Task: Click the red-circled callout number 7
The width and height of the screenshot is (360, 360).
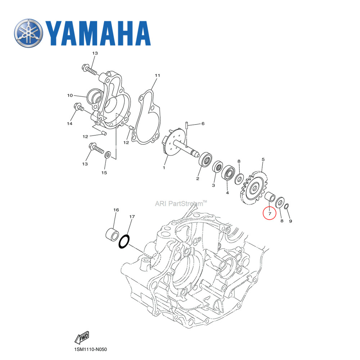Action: click(269, 213)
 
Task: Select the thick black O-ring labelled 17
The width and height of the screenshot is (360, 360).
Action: click(123, 242)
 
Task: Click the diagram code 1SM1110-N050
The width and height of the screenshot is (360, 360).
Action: click(89, 350)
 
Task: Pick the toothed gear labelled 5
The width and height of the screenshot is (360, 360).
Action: click(255, 189)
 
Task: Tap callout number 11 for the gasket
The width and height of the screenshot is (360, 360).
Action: click(157, 76)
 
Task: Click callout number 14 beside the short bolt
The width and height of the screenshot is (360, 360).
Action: click(69, 123)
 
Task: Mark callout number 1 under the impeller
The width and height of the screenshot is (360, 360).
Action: click(164, 167)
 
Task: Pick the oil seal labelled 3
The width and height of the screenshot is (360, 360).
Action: click(217, 167)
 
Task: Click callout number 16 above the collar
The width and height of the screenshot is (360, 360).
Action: click(116, 210)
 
